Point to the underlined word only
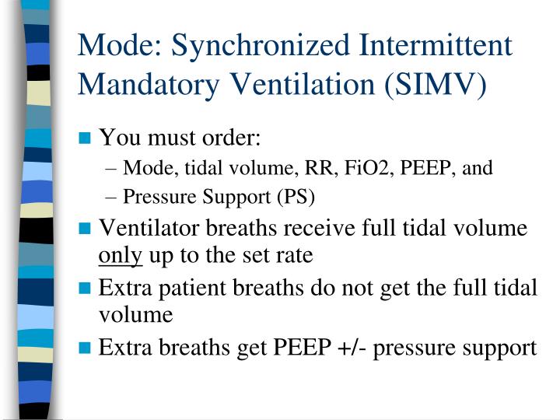(x=121, y=255)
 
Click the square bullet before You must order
(x=86, y=140)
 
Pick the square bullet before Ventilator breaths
(x=86, y=229)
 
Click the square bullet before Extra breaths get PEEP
(x=86, y=348)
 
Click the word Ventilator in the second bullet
(x=150, y=229)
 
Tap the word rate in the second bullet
(x=296, y=255)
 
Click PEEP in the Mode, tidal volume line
(x=422, y=168)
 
